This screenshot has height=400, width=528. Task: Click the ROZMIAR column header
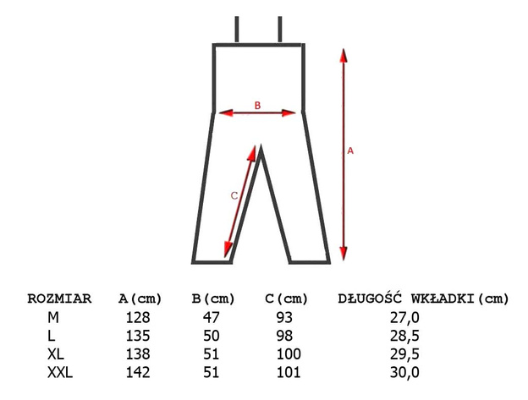click(59, 299)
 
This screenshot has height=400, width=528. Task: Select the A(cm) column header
click(140, 299)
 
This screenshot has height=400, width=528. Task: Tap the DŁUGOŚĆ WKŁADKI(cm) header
click(423, 298)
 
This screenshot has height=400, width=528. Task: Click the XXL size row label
click(60, 372)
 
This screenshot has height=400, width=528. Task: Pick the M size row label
click(53, 318)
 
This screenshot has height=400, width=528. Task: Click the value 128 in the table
click(138, 318)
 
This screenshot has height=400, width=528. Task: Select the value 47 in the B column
click(212, 318)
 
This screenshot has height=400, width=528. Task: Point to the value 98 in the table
click(284, 336)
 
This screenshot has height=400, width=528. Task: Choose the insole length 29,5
click(404, 354)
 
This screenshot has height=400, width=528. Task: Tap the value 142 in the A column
click(138, 372)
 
